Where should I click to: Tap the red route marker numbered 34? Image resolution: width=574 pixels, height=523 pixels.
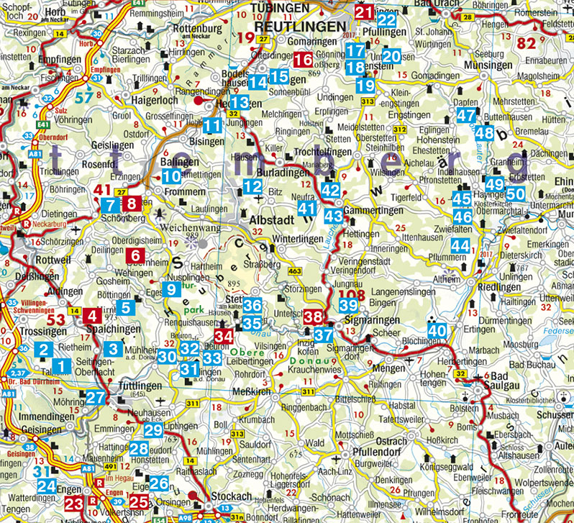[x=225, y=335]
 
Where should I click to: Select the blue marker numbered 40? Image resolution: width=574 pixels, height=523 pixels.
[x=436, y=329]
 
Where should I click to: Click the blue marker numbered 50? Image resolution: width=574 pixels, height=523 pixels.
[x=515, y=193]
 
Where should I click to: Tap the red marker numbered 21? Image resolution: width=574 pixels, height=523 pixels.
[x=365, y=12]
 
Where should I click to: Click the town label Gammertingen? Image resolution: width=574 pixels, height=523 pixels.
[x=373, y=209]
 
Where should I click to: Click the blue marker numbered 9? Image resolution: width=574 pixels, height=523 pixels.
[x=171, y=290]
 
